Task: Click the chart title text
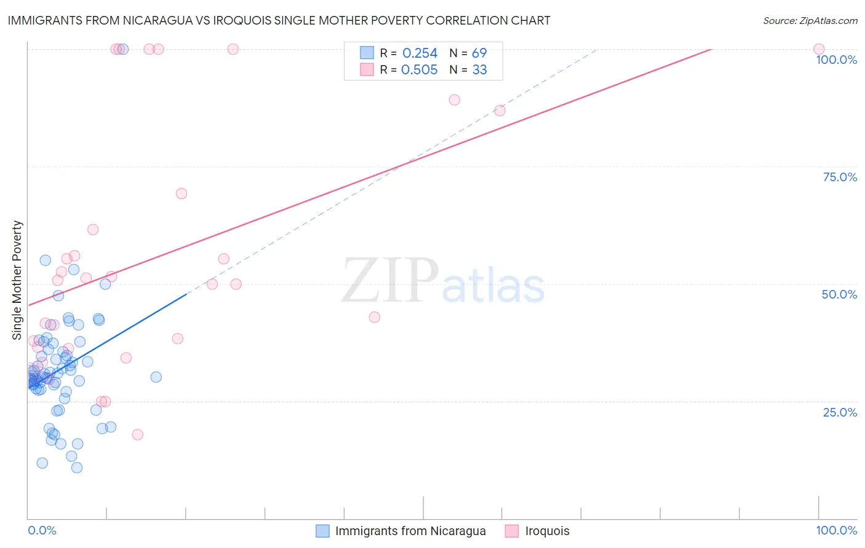[279, 20]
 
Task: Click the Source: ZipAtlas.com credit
[810, 20]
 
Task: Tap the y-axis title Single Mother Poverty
[17, 280]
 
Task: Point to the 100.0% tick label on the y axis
[836, 60]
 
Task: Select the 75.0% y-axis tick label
[840, 177]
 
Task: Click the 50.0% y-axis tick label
[839, 294]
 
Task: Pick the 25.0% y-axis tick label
[840, 412]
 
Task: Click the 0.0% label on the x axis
[42, 530]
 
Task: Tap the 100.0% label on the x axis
[836, 530]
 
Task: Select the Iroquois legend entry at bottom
[547, 531]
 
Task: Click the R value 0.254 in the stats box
[420, 53]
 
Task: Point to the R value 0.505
[419, 70]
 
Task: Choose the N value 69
[479, 53]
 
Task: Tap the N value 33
[479, 70]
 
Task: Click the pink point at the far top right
[818, 49]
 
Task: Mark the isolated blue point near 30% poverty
[156, 377]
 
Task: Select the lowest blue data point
[77, 468]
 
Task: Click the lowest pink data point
[138, 434]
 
